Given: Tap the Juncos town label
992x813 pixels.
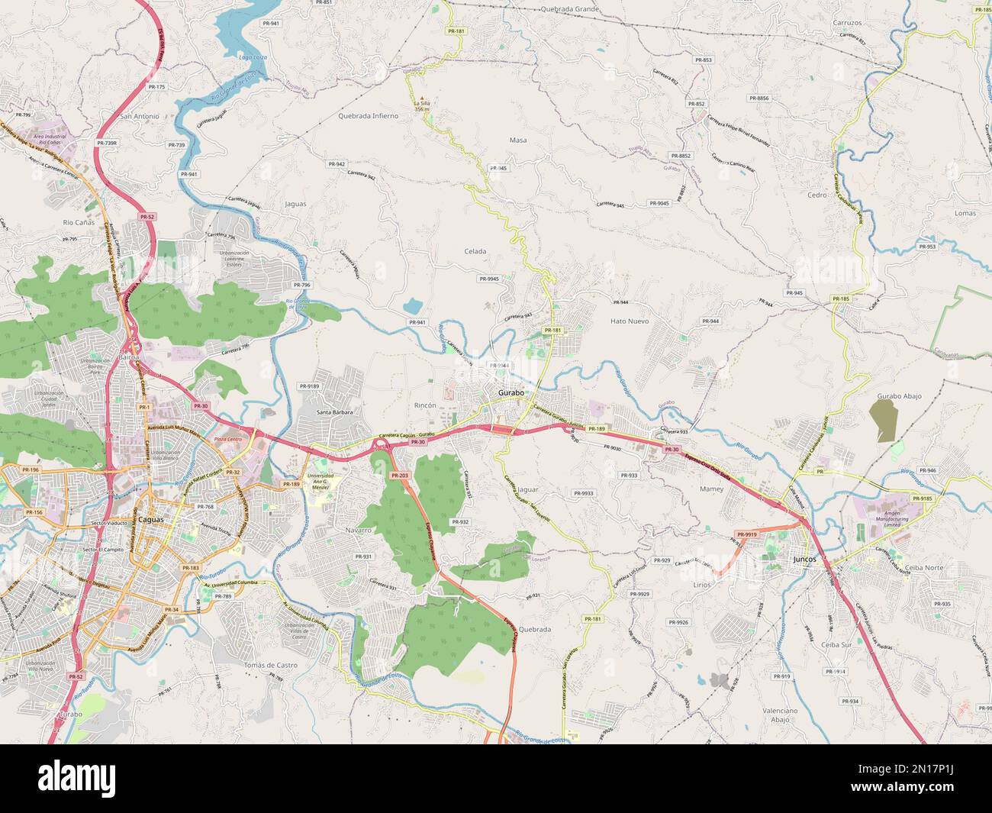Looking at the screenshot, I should point(804,559).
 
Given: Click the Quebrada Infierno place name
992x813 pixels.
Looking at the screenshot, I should point(368,116).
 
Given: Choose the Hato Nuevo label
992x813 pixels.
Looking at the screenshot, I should point(629,321).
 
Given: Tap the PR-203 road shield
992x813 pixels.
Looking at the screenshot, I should point(399,475).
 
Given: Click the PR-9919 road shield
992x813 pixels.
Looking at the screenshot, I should point(746,534).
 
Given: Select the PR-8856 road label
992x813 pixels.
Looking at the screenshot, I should point(758,98).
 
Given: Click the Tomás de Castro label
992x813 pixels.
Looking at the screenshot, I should point(270,665).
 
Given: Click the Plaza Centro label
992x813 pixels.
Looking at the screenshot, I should point(227,440).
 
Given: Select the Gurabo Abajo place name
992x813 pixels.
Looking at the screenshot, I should point(899,396).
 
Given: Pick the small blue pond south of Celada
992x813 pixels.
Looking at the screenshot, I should point(412,306).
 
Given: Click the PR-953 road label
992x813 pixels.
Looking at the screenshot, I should point(926,247).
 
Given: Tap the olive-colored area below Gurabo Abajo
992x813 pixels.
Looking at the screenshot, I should point(884,421).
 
